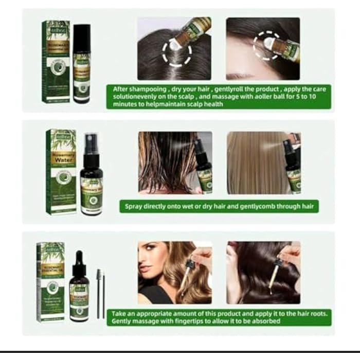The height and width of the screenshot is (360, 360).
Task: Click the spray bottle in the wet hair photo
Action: tap(203, 165)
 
